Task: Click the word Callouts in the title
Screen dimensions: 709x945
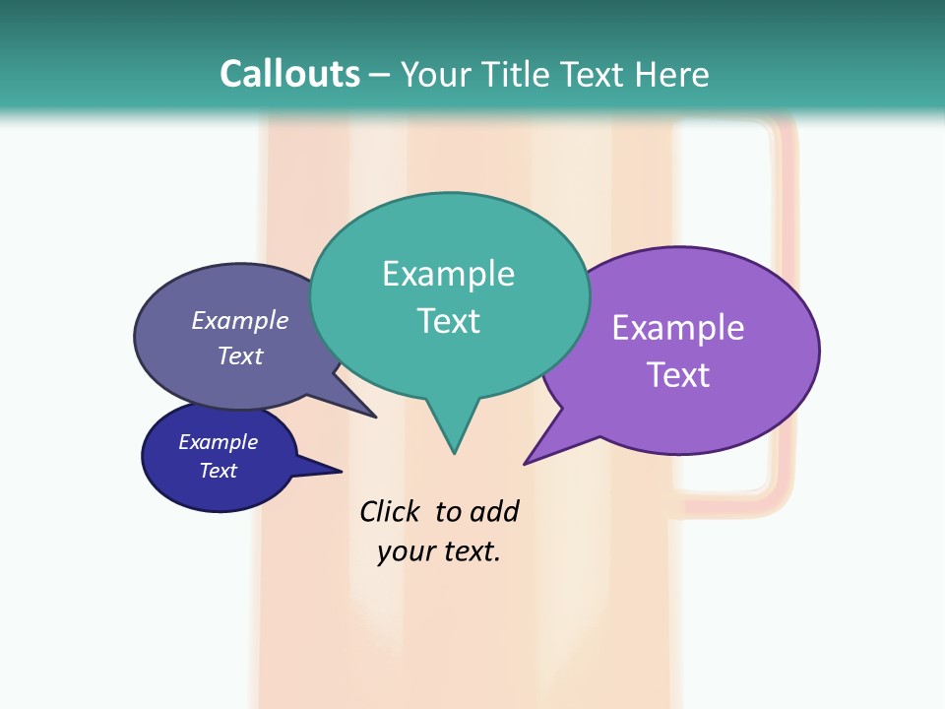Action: click(x=289, y=74)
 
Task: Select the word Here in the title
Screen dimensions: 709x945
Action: click(x=672, y=74)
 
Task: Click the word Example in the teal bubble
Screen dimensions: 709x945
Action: click(x=448, y=274)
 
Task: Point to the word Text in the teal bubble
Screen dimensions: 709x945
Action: click(x=448, y=321)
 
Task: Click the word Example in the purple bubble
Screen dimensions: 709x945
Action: click(x=677, y=328)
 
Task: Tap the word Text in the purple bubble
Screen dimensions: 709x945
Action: click(x=678, y=375)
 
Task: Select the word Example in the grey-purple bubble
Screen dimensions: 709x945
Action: click(x=239, y=321)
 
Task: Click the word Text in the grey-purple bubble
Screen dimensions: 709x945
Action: click(x=239, y=355)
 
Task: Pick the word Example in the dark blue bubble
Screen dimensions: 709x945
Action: click(x=218, y=442)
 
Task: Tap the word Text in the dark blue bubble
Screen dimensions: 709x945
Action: click(x=218, y=471)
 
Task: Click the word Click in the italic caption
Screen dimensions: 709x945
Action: click(x=389, y=511)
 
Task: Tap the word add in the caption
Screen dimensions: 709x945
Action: click(x=493, y=511)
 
